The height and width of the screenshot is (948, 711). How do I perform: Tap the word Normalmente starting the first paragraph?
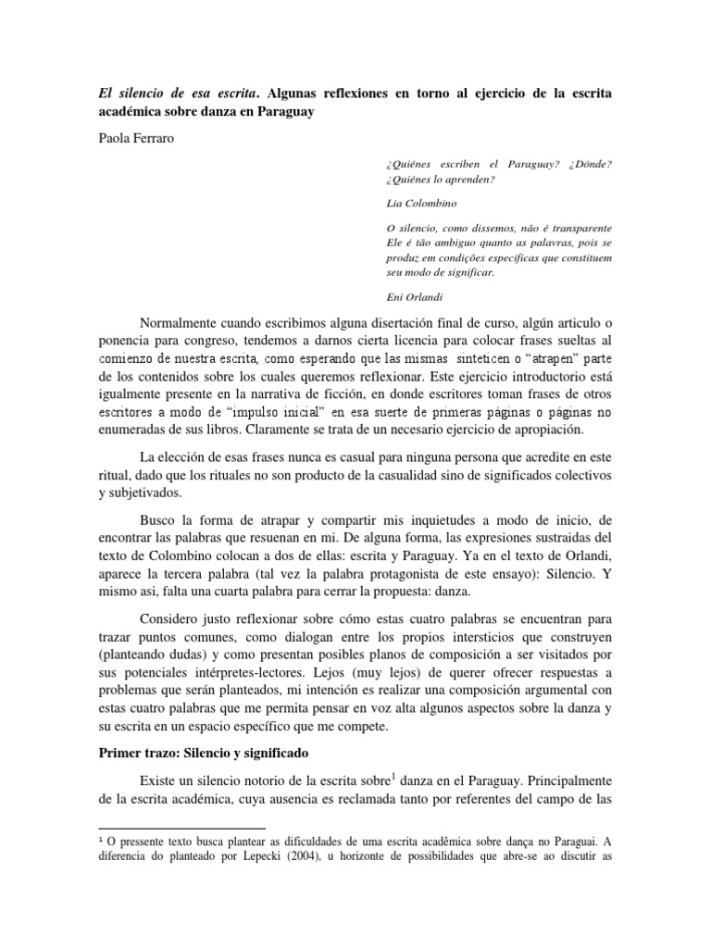pos(183,323)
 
